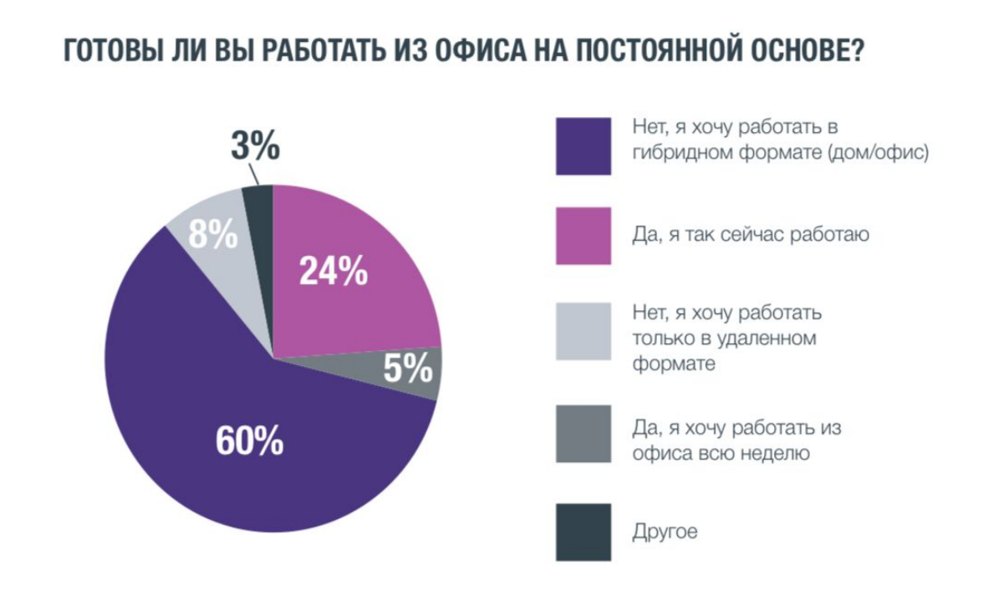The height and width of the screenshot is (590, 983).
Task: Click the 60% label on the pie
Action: pyautogui.click(x=249, y=441)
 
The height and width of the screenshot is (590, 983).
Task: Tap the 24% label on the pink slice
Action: pyautogui.click(x=333, y=271)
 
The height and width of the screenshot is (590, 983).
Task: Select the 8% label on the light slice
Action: pyautogui.click(x=212, y=236)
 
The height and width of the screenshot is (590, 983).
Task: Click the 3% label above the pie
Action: pyautogui.click(x=255, y=148)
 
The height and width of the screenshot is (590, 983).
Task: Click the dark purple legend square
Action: pyautogui.click(x=583, y=146)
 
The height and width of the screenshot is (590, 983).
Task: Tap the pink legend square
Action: pyautogui.click(x=583, y=235)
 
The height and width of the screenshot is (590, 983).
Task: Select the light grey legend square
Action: pyautogui.click(x=583, y=332)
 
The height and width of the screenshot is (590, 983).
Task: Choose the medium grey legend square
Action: pyautogui.click(x=583, y=434)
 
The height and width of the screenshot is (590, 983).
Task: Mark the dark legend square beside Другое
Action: pyautogui.click(x=583, y=532)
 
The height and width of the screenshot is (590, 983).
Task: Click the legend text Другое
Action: pyautogui.click(x=665, y=532)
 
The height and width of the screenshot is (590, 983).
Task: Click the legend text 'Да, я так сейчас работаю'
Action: pyautogui.click(x=751, y=235)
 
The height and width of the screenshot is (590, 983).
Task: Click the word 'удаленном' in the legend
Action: pyautogui.click(x=766, y=339)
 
